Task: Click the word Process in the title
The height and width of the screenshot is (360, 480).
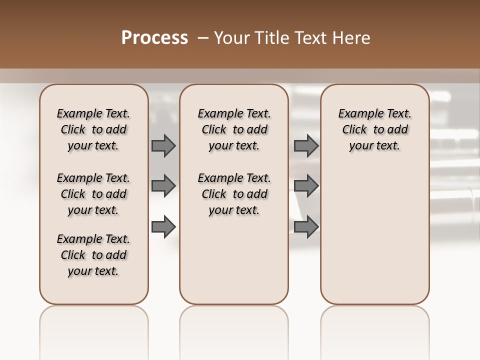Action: (154, 38)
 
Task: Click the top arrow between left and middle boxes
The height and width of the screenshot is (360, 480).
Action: (163, 145)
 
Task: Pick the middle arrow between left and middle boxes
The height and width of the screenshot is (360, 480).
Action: (163, 186)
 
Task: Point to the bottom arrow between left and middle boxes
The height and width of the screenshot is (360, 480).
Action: (163, 227)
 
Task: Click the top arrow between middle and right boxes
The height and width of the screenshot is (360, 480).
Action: (306, 145)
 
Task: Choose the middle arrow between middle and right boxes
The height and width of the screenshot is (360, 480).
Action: (306, 186)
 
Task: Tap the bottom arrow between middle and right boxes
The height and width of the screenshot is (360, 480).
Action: (306, 227)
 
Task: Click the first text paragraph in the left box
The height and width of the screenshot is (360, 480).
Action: (93, 129)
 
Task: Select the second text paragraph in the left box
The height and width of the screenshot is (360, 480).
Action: (93, 194)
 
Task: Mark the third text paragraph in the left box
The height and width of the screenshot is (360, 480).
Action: (93, 255)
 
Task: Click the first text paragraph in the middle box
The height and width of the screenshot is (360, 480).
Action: (234, 129)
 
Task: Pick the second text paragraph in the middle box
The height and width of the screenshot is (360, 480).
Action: (234, 194)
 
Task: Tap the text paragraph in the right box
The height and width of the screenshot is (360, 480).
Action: (375, 129)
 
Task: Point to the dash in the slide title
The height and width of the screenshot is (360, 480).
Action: (203, 38)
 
